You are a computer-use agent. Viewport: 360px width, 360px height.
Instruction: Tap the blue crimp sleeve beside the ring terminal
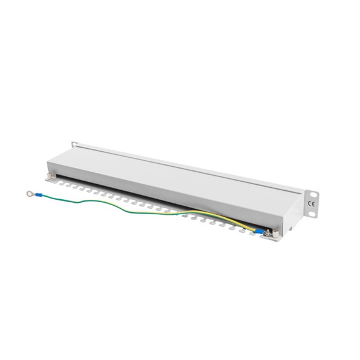point(38,195)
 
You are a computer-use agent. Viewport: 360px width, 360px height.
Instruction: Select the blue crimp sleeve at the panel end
point(260,231)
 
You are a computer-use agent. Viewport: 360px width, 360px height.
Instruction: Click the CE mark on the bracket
point(311,204)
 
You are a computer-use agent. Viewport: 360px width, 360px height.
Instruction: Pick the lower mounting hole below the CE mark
point(311,214)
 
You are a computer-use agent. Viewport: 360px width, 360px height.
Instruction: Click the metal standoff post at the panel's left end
point(49,176)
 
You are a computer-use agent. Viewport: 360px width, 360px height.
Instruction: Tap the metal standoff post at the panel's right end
point(275,233)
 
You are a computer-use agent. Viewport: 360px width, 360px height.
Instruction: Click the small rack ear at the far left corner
point(74,145)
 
